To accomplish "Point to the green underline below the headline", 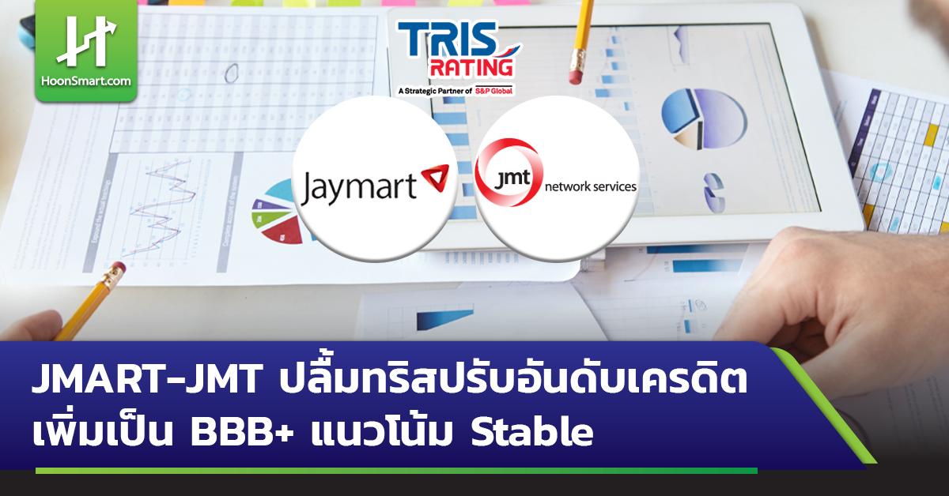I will [x=395, y=471].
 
